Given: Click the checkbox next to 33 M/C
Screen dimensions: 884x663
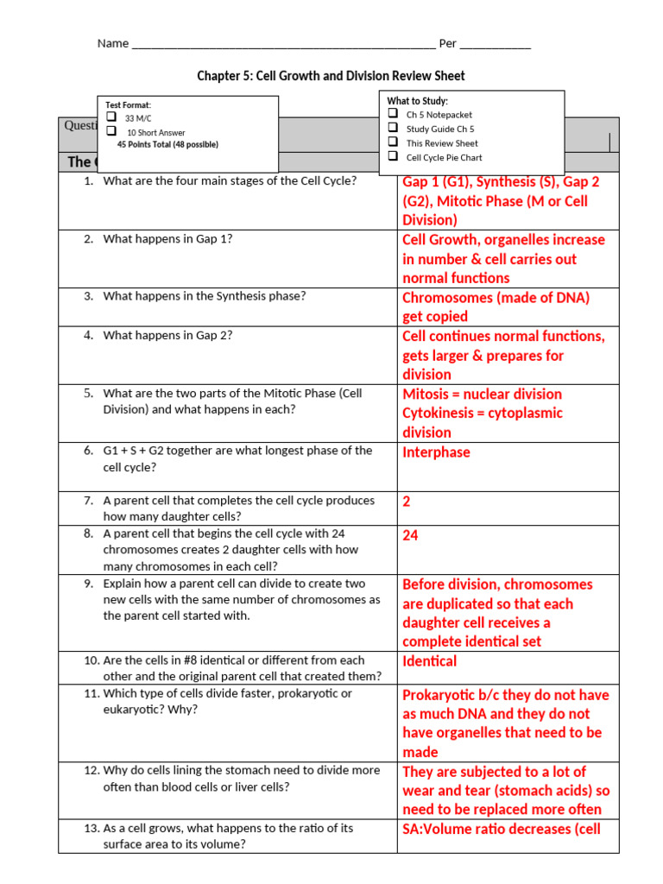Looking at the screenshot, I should click(x=110, y=117).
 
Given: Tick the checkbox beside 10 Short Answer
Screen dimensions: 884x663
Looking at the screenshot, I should click(x=110, y=131).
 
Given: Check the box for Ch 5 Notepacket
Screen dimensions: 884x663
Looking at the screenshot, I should click(x=393, y=113).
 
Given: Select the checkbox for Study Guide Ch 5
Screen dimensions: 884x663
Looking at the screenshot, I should click(x=393, y=128).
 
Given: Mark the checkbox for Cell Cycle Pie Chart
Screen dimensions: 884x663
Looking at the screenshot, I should click(x=393, y=156).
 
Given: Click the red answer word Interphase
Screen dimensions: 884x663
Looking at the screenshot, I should click(x=436, y=452).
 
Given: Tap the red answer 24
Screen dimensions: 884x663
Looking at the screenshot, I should click(x=410, y=535).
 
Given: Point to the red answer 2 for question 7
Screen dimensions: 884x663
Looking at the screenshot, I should click(x=407, y=501).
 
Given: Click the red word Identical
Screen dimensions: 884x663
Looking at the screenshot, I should click(x=429, y=661).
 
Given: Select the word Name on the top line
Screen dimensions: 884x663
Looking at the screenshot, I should click(x=112, y=43).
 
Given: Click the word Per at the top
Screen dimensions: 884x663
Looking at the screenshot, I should click(x=447, y=43).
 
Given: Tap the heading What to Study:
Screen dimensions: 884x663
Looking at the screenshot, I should click(x=417, y=101).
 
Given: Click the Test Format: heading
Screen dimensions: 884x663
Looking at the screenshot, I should click(x=128, y=104).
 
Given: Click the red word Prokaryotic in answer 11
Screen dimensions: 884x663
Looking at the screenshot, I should click(x=440, y=695).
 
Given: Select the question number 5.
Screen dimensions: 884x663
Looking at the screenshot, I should click(x=88, y=393).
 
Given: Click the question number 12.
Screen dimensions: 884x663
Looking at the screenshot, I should click(x=92, y=770).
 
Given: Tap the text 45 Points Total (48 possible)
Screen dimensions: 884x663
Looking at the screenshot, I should click(x=167, y=144).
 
